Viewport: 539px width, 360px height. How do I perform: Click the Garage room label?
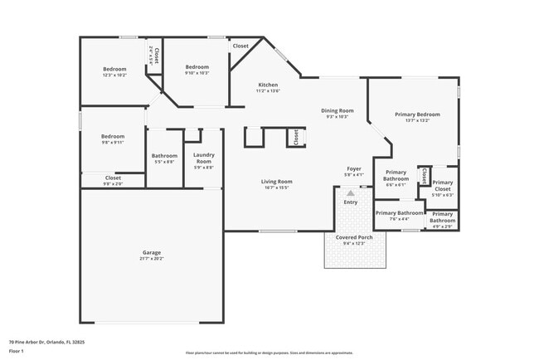[151, 252]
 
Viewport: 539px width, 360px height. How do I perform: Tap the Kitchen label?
[268, 85]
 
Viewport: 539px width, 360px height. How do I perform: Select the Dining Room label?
[337, 110]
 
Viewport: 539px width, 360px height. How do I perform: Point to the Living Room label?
[277, 181]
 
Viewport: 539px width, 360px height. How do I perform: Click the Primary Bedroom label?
[417, 114]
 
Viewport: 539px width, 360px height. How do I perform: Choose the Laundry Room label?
[204, 158]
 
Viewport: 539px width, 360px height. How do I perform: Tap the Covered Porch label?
[354, 237]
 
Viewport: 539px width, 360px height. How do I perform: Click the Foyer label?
[354, 168]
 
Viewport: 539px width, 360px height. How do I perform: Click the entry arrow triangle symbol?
[350, 192]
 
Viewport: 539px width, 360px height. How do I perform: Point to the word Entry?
[351, 202]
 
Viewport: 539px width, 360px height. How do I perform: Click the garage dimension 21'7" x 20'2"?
[151, 258]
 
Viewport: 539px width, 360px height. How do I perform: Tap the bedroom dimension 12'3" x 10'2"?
[114, 75]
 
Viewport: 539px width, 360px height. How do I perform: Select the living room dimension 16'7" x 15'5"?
[277, 187]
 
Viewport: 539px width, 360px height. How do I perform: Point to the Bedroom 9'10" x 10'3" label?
[197, 70]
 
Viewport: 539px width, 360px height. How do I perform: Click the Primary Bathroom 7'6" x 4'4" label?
[398, 216]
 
